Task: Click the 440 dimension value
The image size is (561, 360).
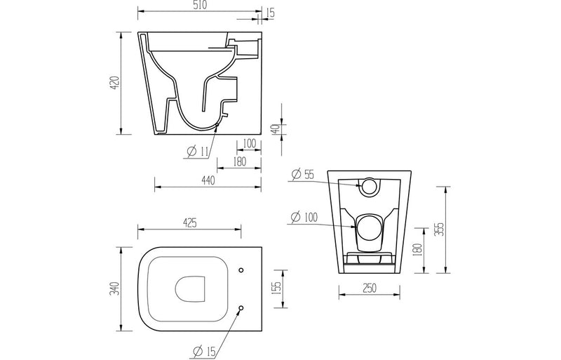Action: click(207, 180)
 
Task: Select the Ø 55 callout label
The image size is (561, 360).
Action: click(303, 175)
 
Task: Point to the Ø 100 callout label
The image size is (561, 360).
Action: click(305, 218)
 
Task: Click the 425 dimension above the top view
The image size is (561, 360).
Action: click(189, 223)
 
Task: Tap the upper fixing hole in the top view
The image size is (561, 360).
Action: click(241, 269)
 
